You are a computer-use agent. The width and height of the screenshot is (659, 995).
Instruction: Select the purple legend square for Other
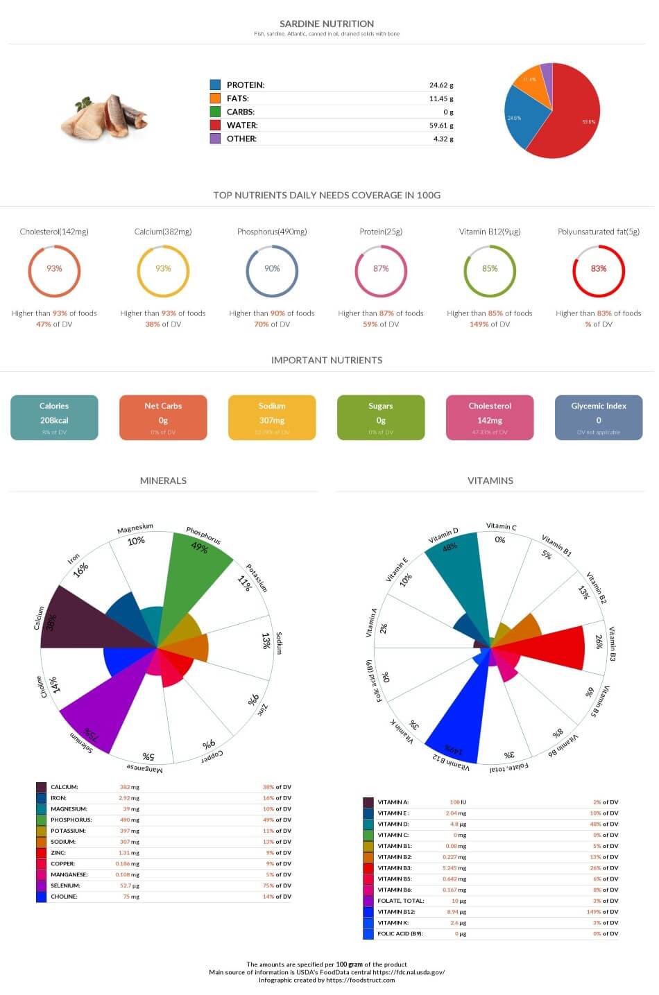[215, 139]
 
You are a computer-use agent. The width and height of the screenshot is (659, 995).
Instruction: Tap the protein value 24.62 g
[440, 85]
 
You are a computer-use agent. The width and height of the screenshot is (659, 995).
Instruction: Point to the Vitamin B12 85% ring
[490, 269]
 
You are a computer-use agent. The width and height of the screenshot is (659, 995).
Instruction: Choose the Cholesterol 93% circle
[54, 269]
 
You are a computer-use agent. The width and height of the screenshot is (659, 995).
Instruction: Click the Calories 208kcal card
[54, 417]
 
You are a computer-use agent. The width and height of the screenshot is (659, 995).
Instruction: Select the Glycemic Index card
[599, 417]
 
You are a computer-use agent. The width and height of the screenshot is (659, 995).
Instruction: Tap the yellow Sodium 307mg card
[272, 417]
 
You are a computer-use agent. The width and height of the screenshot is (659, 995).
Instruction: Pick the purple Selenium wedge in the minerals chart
[97, 707]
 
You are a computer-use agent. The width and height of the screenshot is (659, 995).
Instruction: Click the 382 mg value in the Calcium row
[129, 787]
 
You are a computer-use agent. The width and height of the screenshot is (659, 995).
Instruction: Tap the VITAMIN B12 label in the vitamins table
[396, 912]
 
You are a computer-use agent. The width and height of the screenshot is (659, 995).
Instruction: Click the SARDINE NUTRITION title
[327, 24]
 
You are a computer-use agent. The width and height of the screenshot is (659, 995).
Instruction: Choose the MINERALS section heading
[163, 481]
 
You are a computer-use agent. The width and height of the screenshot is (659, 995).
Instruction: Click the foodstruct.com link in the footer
[360, 980]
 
